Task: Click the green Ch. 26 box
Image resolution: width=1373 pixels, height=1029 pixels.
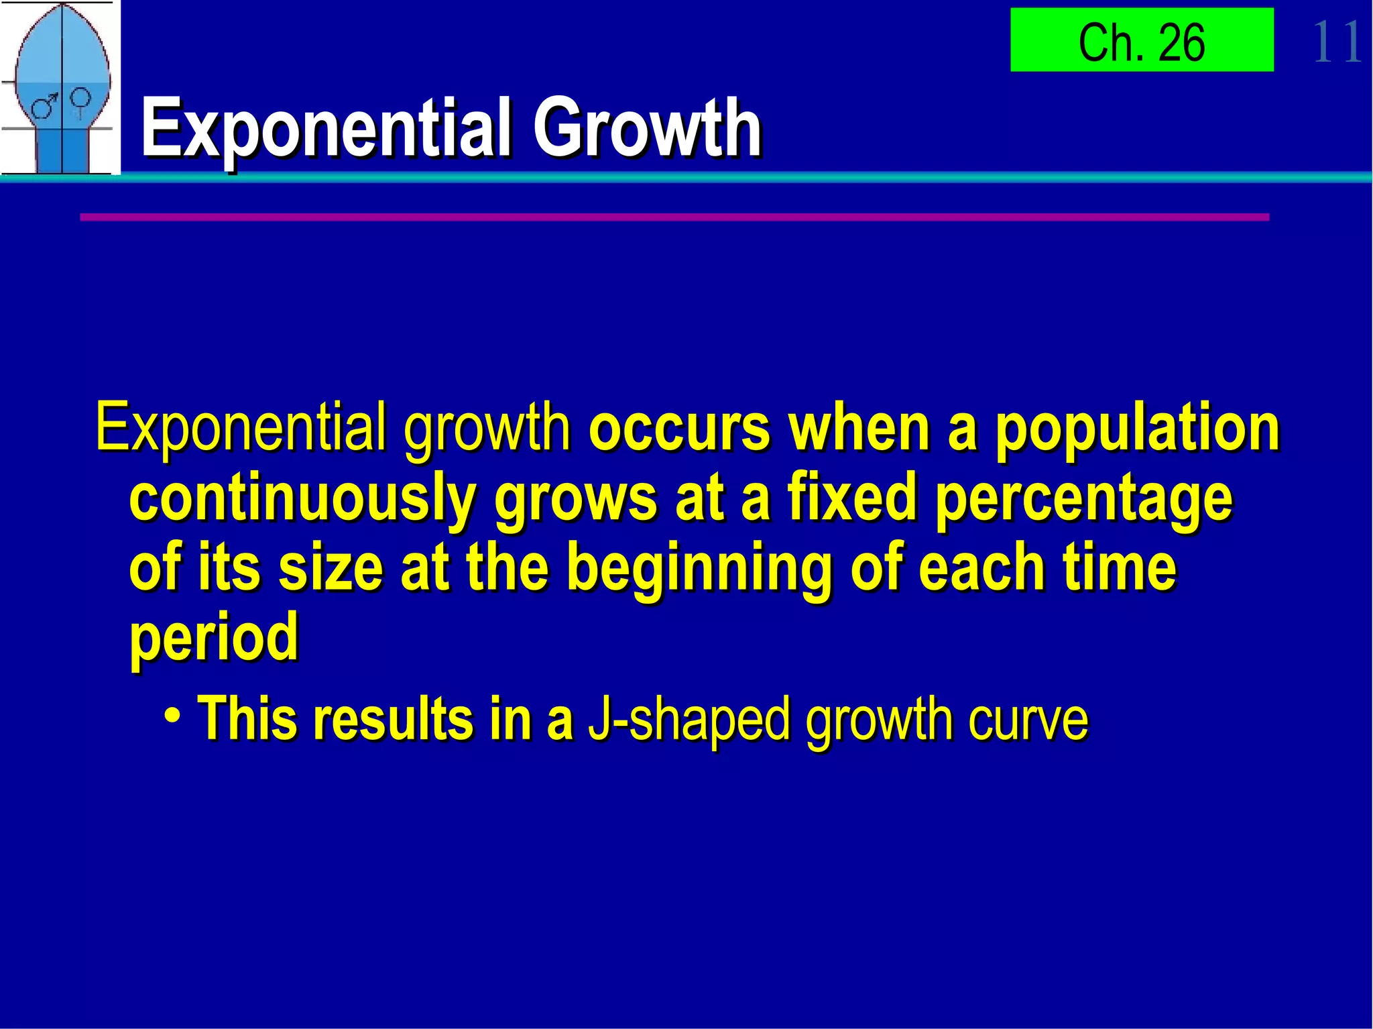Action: tap(1141, 40)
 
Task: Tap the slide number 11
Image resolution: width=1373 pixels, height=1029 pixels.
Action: tap(1336, 42)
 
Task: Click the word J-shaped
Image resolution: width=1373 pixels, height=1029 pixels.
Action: tap(689, 719)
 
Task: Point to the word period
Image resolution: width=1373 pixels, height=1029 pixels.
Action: tap(213, 639)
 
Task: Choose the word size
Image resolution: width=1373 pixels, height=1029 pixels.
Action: tap(330, 569)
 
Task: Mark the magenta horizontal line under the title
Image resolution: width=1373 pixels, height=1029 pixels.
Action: tap(674, 217)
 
